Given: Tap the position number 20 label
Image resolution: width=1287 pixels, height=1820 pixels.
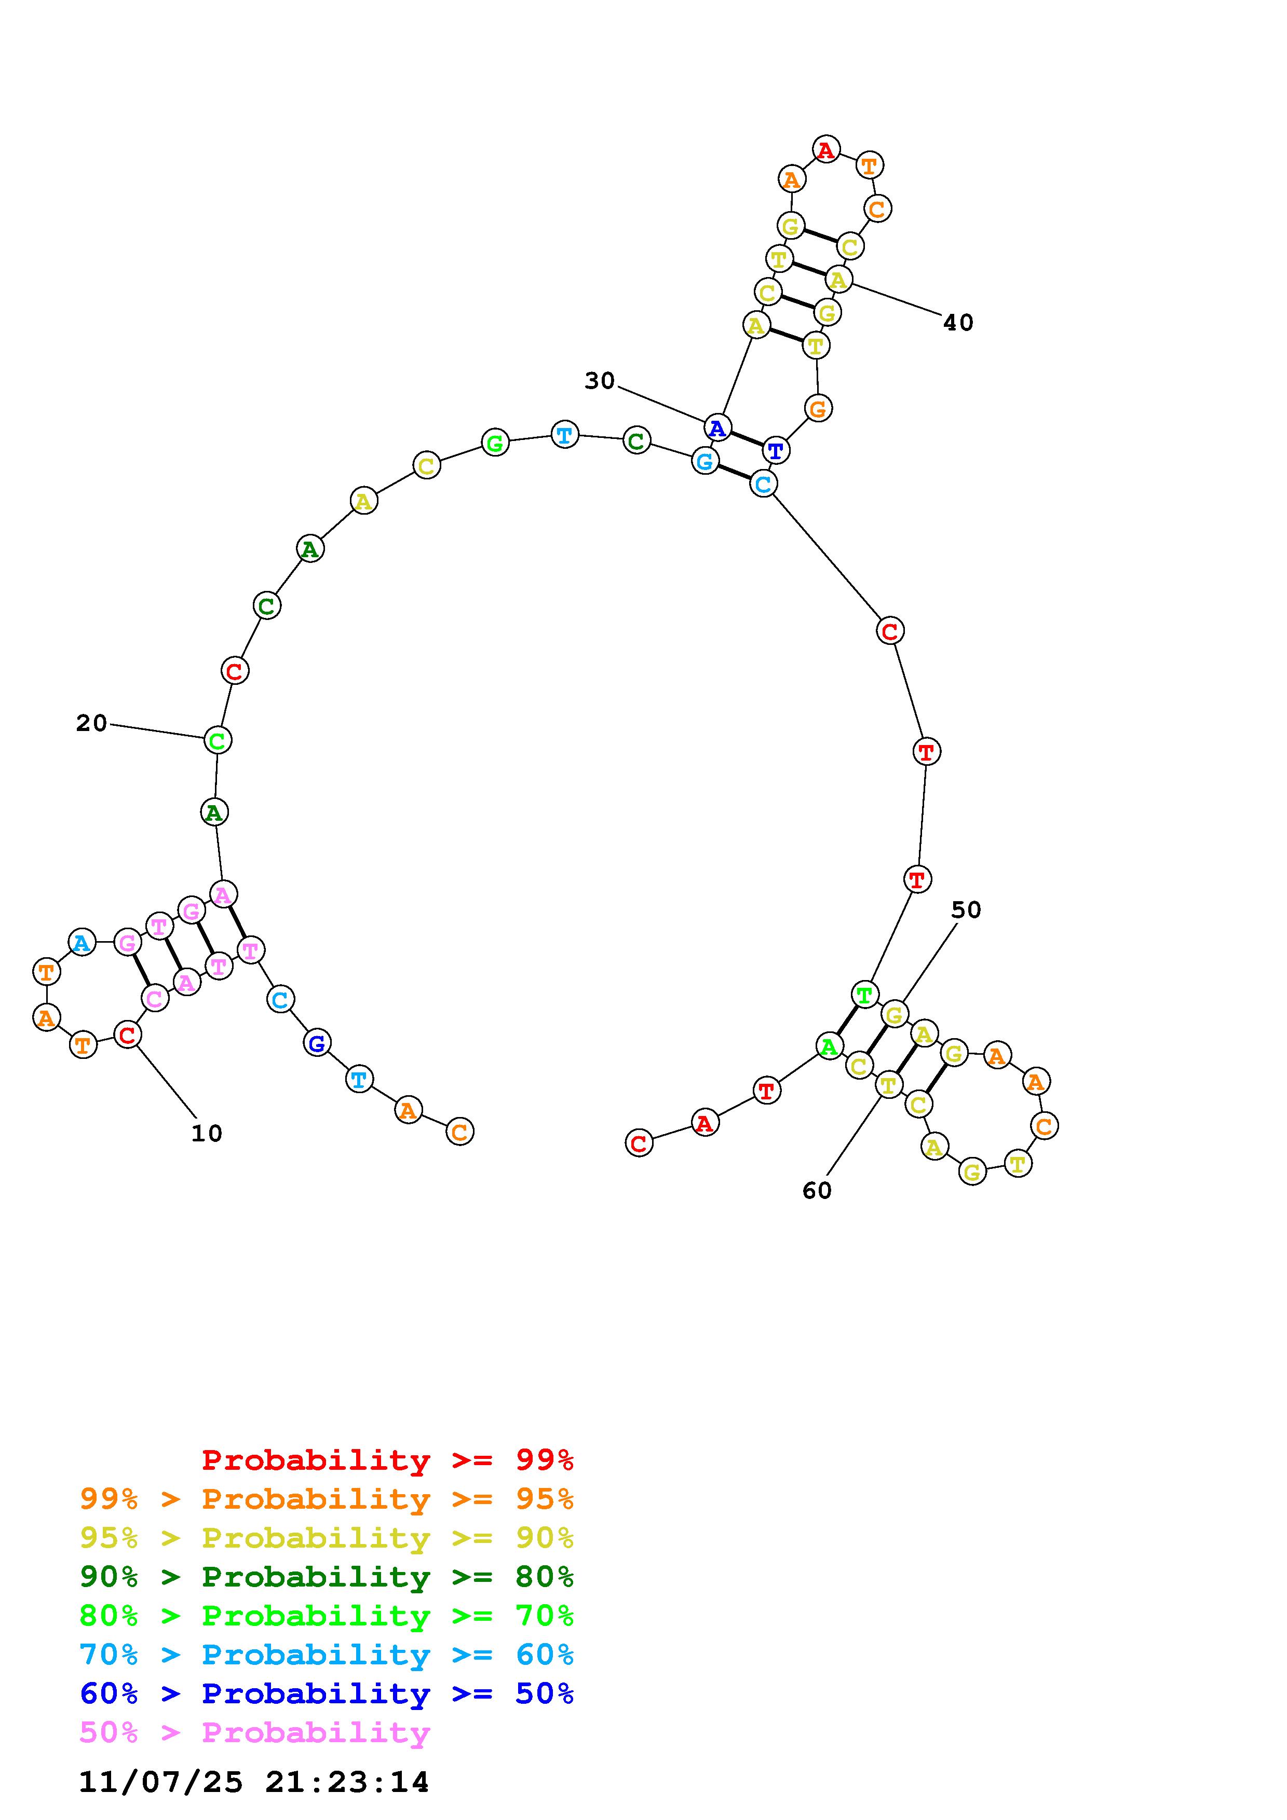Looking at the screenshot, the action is tap(91, 723).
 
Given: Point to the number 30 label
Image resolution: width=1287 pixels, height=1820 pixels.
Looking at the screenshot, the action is tap(600, 381).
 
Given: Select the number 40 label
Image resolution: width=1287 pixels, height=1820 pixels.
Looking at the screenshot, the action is tap(958, 323).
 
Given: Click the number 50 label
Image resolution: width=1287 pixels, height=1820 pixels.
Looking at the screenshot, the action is tap(966, 910).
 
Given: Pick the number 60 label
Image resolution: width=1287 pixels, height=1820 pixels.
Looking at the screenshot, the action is tap(817, 1191).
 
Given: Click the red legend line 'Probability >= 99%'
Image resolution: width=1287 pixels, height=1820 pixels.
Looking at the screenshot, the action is tap(388, 1460).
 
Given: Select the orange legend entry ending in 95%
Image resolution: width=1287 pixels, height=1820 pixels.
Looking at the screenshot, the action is tap(327, 1499).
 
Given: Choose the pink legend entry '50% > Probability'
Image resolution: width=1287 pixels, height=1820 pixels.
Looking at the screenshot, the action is tap(254, 1732).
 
